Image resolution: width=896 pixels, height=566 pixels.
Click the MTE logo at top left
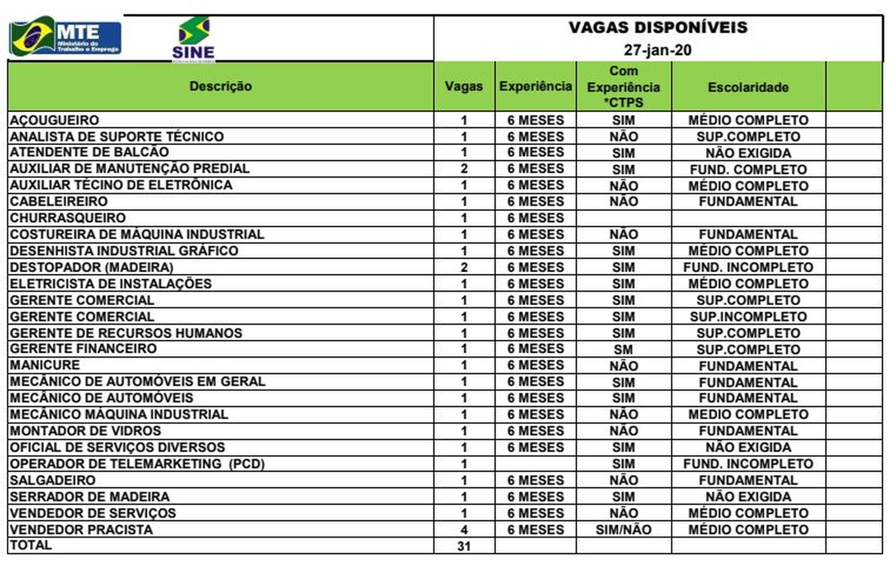tap(66, 38)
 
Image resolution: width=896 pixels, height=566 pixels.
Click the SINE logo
tap(193, 38)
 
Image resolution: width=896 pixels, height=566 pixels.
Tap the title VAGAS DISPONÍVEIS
tap(658, 27)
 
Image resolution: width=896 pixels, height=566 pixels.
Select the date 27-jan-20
tap(657, 50)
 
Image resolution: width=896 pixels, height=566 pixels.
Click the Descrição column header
tap(221, 86)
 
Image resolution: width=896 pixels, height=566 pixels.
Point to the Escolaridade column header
tap(748, 87)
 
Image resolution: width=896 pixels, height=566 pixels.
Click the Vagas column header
tap(464, 86)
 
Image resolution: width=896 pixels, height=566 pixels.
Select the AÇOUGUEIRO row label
tap(54, 120)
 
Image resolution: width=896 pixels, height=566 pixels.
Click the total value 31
tap(464, 546)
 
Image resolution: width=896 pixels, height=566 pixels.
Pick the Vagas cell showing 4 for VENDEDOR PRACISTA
tap(464, 530)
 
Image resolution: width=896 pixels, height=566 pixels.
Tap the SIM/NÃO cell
tap(623, 530)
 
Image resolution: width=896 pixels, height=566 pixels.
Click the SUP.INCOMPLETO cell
tap(748, 316)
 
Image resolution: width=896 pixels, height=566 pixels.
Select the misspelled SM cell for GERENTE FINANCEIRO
tap(623, 349)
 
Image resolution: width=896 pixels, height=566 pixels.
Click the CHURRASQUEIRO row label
tap(68, 218)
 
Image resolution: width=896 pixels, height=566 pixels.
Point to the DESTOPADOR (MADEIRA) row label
tap(91, 267)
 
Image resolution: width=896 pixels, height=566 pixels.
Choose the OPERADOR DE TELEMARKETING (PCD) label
tap(137, 464)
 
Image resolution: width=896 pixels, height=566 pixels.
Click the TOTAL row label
tap(31, 545)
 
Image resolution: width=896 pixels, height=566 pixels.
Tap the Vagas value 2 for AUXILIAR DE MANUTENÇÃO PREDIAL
tap(464, 169)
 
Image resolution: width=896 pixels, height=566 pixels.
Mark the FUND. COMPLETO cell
tap(748, 169)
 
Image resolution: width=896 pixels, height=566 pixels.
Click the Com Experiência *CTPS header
tap(623, 87)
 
